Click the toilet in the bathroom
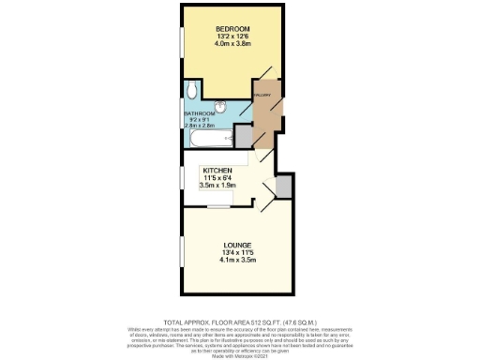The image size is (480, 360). coord(191,89)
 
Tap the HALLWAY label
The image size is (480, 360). coord(262,96)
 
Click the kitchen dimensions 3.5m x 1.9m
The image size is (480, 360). coord(217,185)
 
